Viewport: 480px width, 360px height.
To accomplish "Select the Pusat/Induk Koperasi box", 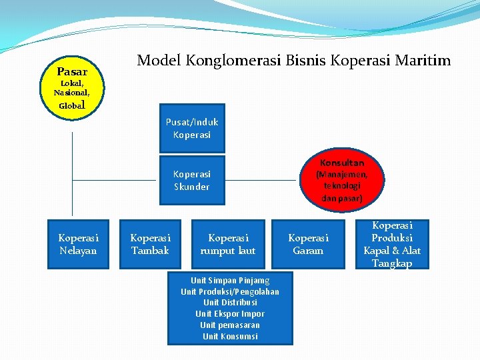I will pyautogui.click(x=192, y=129).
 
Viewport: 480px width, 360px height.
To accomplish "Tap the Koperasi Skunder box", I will pyautogui.click(x=192, y=181).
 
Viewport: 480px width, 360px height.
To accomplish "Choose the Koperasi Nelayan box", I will pyautogui.click(x=78, y=244).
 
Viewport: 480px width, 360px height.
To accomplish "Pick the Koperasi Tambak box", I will pyautogui.click(x=150, y=244).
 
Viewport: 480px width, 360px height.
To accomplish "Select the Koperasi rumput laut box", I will pyautogui.click(x=228, y=244).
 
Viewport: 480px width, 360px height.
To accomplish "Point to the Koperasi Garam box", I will pyautogui.click(x=308, y=244).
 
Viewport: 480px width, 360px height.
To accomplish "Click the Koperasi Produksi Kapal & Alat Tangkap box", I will pyautogui.click(x=392, y=244).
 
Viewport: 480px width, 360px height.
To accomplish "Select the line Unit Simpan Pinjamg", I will pyautogui.click(x=230, y=280).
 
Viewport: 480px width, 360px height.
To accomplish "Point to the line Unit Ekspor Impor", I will pyautogui.click(x=230, y=313).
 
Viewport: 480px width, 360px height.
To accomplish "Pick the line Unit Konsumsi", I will pyautogui.click(x=230, y=336).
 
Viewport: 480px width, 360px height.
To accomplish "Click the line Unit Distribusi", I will pyautogui.click(x=230, y=302).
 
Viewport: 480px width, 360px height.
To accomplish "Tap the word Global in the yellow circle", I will pyautogui.click(x=72, y=105).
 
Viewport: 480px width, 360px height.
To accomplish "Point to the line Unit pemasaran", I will pyautogui.click(x=230, y=325).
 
